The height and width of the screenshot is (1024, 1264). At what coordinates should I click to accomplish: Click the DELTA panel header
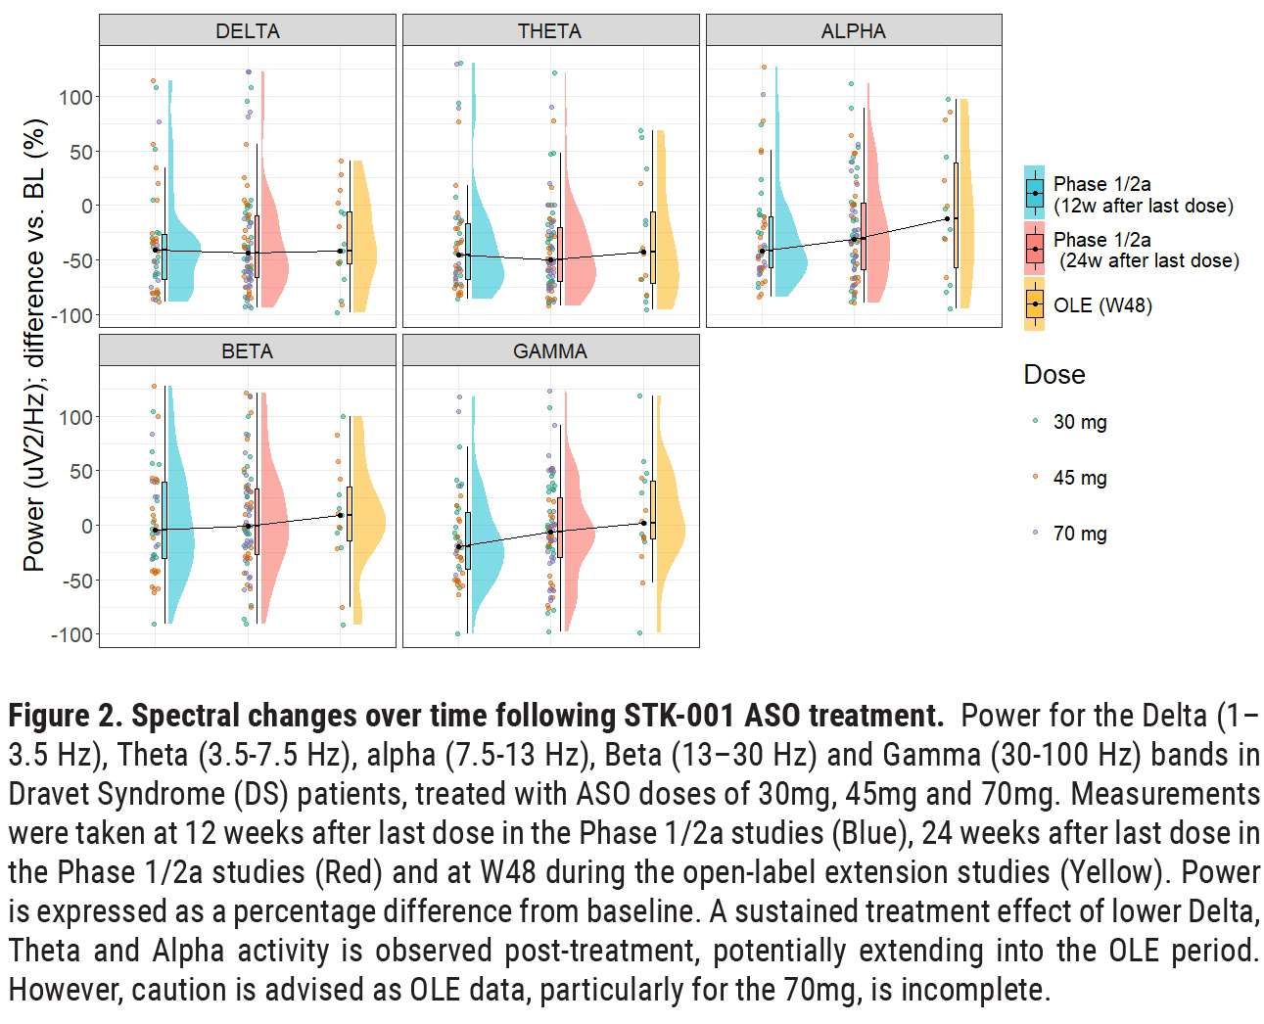(x=248, y=30)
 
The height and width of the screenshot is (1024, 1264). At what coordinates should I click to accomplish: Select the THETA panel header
(x=550, y=30)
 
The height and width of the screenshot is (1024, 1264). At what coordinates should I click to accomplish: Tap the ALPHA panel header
(x=854, y=30)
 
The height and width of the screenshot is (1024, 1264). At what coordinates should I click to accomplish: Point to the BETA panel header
(x=248, y=350)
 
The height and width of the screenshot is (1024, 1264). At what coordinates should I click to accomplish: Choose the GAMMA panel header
(x=550, y=350)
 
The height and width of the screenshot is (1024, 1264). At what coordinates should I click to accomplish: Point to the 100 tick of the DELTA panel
(x=75, y=97)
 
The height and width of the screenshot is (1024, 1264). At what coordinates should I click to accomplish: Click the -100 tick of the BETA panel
(x=72, y=634)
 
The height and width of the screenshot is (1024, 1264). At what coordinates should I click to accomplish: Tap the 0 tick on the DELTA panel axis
(x=87, y=206)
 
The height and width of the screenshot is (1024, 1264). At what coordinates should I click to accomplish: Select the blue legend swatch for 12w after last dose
(x=1035, y=193)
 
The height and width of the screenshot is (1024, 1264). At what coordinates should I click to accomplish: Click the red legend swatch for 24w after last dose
(x=1035, y=249)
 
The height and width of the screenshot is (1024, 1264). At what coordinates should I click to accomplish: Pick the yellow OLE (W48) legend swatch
(x=1035, y=304)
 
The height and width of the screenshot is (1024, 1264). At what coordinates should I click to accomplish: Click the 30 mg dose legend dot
(x=1036, y=421)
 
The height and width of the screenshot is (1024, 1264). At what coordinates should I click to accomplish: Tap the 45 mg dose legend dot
(x=1036, y=477)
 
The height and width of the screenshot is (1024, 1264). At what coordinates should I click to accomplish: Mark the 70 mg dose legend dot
(x=1036, y=533)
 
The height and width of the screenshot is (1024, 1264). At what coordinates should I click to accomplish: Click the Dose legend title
(x=1054, y=375)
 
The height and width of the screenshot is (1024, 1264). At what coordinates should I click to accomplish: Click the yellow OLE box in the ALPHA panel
(x=957, y=215)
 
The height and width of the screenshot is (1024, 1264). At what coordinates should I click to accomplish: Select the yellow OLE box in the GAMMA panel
(x=653, y=509)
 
